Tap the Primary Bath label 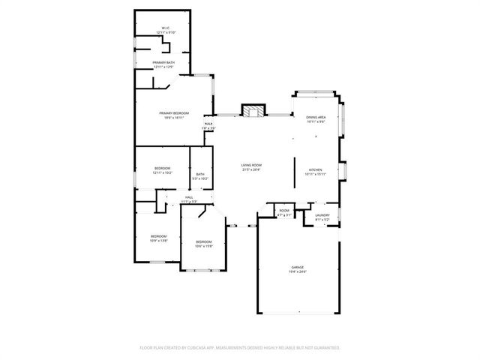point(163,62)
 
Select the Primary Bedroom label point(174,113)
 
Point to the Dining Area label point(316,118)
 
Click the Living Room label point(250,165)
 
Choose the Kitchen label point(315,170)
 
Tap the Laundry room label point(322,215)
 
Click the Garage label point(298,267)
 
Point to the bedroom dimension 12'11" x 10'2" point(163,173)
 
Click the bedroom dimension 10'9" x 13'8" point(158,241)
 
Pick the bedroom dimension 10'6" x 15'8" point(204,246)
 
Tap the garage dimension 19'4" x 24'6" point(298,272)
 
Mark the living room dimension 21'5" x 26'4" point(250,169)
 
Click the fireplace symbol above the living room point(253,111)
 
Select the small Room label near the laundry point(284,211)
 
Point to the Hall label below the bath point(189,197)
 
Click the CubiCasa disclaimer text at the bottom point(240,348)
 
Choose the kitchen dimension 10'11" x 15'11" point(315,175)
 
